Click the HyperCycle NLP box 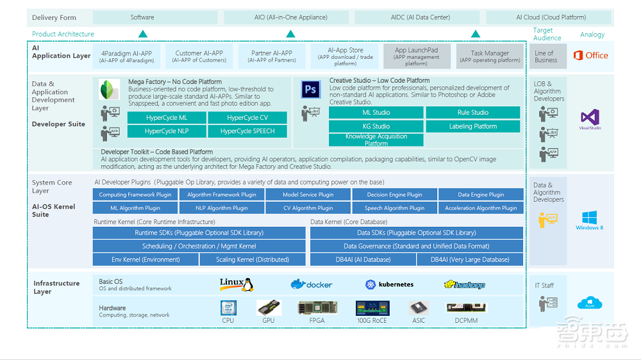[167, 131]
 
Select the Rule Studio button [473, 113]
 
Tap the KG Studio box [376, 126]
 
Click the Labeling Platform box [473, 126]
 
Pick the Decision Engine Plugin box [394, 195]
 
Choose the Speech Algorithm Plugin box [394, 208]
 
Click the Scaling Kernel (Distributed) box [253, 259]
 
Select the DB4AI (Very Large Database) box [470, 259]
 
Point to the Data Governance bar [417, 246]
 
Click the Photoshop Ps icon [311, 90]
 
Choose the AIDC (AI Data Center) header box [420, 17]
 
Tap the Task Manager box [490, 56]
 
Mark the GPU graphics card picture [269, 308]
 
